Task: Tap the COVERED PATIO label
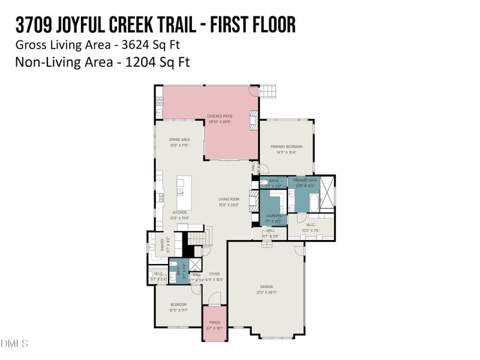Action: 219,116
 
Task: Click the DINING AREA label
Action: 179,140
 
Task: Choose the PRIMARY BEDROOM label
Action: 286,147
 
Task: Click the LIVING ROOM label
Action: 228,199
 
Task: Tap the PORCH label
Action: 214,323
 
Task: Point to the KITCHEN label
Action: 179,212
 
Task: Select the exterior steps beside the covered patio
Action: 268,91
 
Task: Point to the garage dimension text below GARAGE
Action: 266,293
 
